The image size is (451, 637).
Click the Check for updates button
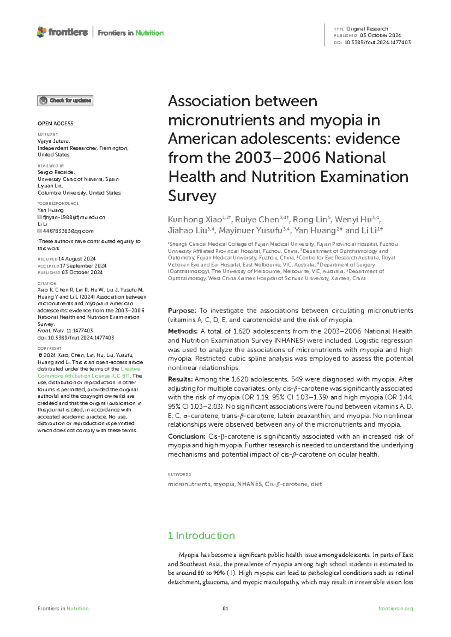click(x=65, y=101)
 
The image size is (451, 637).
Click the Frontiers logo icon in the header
click(x=42, y=32)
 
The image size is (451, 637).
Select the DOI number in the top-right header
click(x=377, y=42)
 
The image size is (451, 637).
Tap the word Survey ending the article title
click(x=192, y=196)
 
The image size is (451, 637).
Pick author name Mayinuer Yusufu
click(x=250, y=231)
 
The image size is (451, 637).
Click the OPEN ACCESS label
click(x=55, y=124)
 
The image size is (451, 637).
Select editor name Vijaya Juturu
click(x=53, y=142)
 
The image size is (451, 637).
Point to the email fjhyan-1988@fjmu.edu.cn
click(x=74, y=217)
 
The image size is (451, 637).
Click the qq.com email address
click(x=68, y=231)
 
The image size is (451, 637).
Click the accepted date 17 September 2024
click(x=83, y=266)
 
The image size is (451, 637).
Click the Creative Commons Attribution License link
click(x=89, y=373)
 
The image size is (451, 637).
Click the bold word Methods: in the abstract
click(x=183, y=331)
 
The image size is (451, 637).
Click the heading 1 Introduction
click(x=201, y=536)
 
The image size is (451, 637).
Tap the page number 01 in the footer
click(x=225, y=608)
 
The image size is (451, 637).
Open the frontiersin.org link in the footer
click(x=395, y=608)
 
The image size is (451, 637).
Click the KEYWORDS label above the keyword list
click(x=180, y=474)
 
